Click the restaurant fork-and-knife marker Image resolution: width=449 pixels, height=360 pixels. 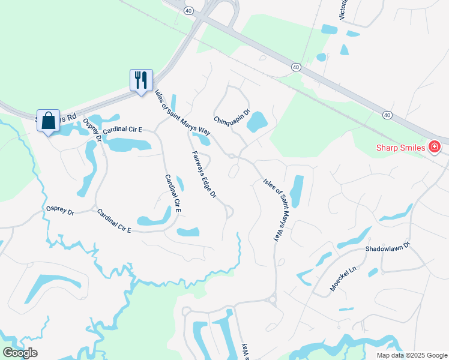click(141, 80)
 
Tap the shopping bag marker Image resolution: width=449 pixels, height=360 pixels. click(48, 120)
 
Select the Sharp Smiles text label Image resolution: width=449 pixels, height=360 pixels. click(400, 148)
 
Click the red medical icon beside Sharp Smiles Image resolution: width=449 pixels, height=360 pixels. click(435, 147)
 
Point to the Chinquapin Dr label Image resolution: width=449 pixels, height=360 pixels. click(231, 116)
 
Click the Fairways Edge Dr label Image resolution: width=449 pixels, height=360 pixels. click(203, 175)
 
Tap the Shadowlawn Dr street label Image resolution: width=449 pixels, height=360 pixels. click(387, 247)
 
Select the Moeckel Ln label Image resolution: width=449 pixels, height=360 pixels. click(343, 278)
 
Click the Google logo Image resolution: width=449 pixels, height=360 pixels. click(20, 353)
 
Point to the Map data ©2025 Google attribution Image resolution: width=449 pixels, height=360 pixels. click(412, 355)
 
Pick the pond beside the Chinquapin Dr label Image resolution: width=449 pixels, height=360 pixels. click(257, 122)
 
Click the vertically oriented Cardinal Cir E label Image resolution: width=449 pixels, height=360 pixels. click(173, 194)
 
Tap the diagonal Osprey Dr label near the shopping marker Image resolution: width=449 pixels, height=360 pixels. click(91, 130)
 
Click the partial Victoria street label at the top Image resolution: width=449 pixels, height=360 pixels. click(343, 10)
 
